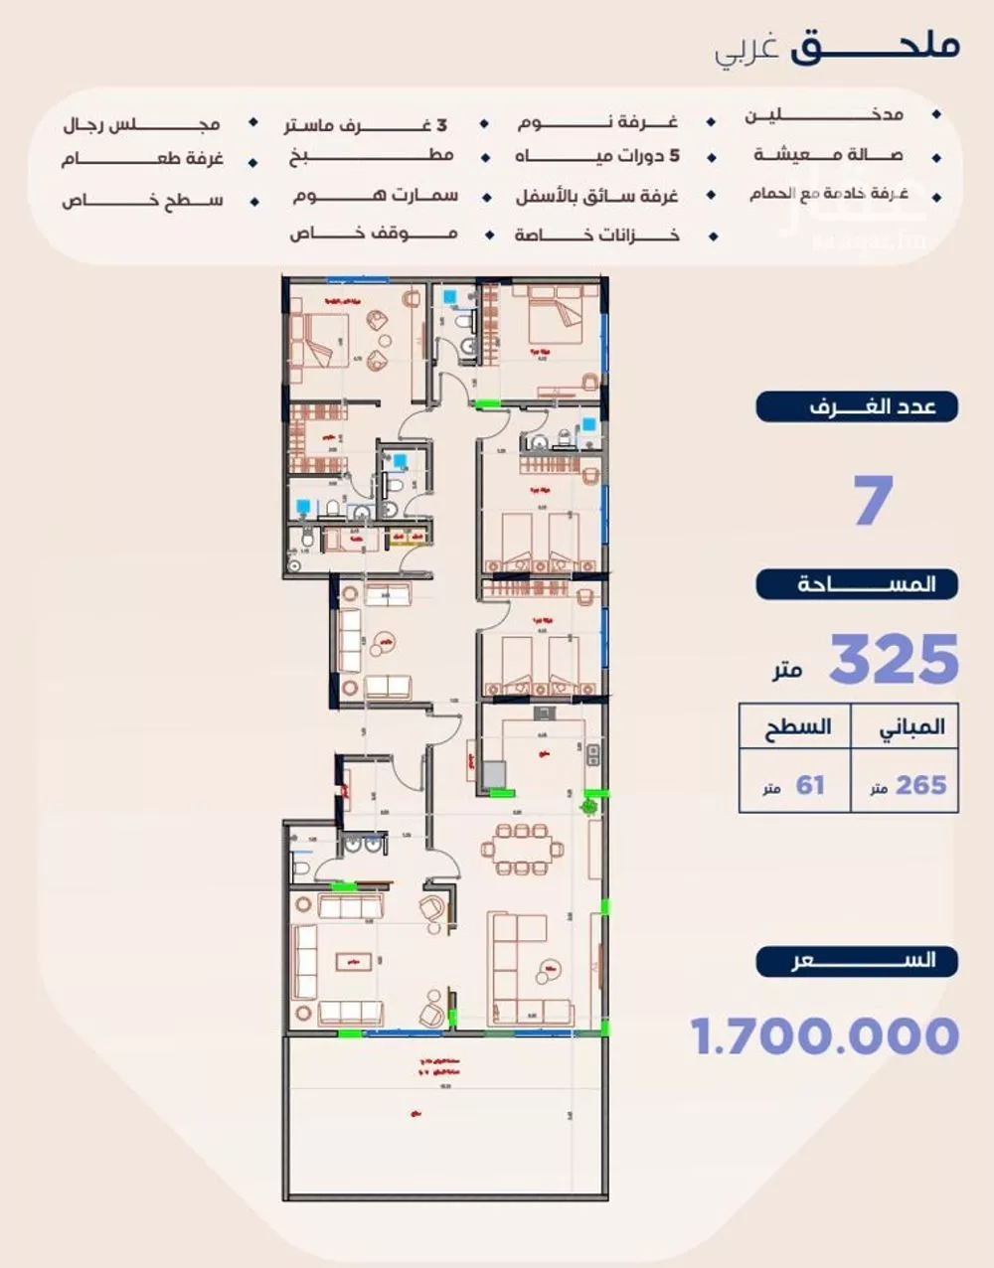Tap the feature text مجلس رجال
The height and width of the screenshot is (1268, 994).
[x=141, y=125]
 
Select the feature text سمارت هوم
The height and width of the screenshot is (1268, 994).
[x=376, y=196]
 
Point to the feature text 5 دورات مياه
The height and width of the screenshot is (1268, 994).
[x=597, y=157]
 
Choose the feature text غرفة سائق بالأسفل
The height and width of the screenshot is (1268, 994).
[x=596, y=197]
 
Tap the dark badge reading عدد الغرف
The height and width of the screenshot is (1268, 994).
[x=858, y=407]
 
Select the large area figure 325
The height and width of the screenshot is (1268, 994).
[x=893, y=659]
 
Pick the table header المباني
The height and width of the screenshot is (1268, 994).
[x=905, y=727]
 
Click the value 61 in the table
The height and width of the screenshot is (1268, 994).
[x=809, y=785]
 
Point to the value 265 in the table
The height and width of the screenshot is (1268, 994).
[x=920, y=785]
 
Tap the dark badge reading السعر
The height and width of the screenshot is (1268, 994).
[x=858, y=961]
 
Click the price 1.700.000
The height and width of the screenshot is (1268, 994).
[x=825, y=1036]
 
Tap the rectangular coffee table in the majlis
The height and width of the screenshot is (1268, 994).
[x=354, y=961]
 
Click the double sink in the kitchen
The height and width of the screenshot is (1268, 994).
[x=592, y=755]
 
